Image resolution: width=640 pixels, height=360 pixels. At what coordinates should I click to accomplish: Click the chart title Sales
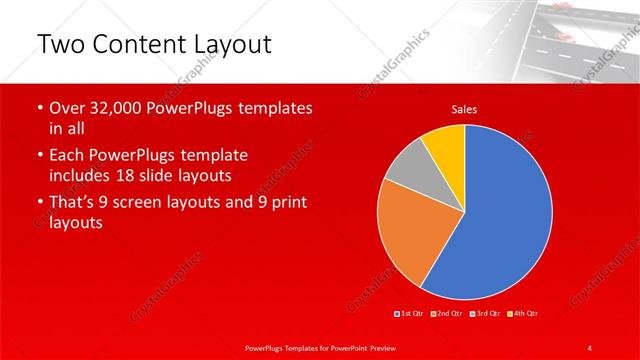[464, 108]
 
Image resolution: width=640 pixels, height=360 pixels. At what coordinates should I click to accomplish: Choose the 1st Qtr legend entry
[412, 314]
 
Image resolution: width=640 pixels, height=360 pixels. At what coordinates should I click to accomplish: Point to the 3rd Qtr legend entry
[486, 314]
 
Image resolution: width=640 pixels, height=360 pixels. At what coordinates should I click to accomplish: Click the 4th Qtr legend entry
[524, 314]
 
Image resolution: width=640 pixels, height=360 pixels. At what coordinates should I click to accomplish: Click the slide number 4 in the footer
[590, 347]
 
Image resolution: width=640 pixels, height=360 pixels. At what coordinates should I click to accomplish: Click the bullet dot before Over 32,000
[39, 108]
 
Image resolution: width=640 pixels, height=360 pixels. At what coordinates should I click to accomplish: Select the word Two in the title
[58, 45]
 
